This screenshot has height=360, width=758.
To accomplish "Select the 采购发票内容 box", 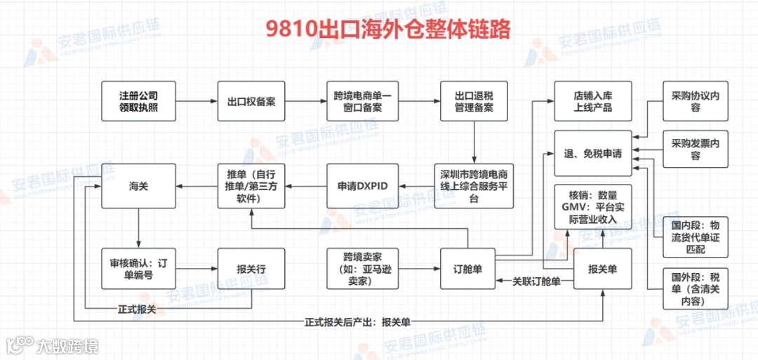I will tap(695, 149).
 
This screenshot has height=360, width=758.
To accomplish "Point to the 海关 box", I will tap(138, 186).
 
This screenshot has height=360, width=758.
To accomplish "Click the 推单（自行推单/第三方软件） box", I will tap(251, 186).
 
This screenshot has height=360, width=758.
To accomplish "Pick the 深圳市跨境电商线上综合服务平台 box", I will tap(473, 186).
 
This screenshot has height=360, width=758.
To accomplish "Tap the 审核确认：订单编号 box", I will tap(138, 268).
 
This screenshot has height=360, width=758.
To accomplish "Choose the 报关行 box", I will tap(251, 268).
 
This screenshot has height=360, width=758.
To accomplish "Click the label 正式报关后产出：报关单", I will tap(357, 322).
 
